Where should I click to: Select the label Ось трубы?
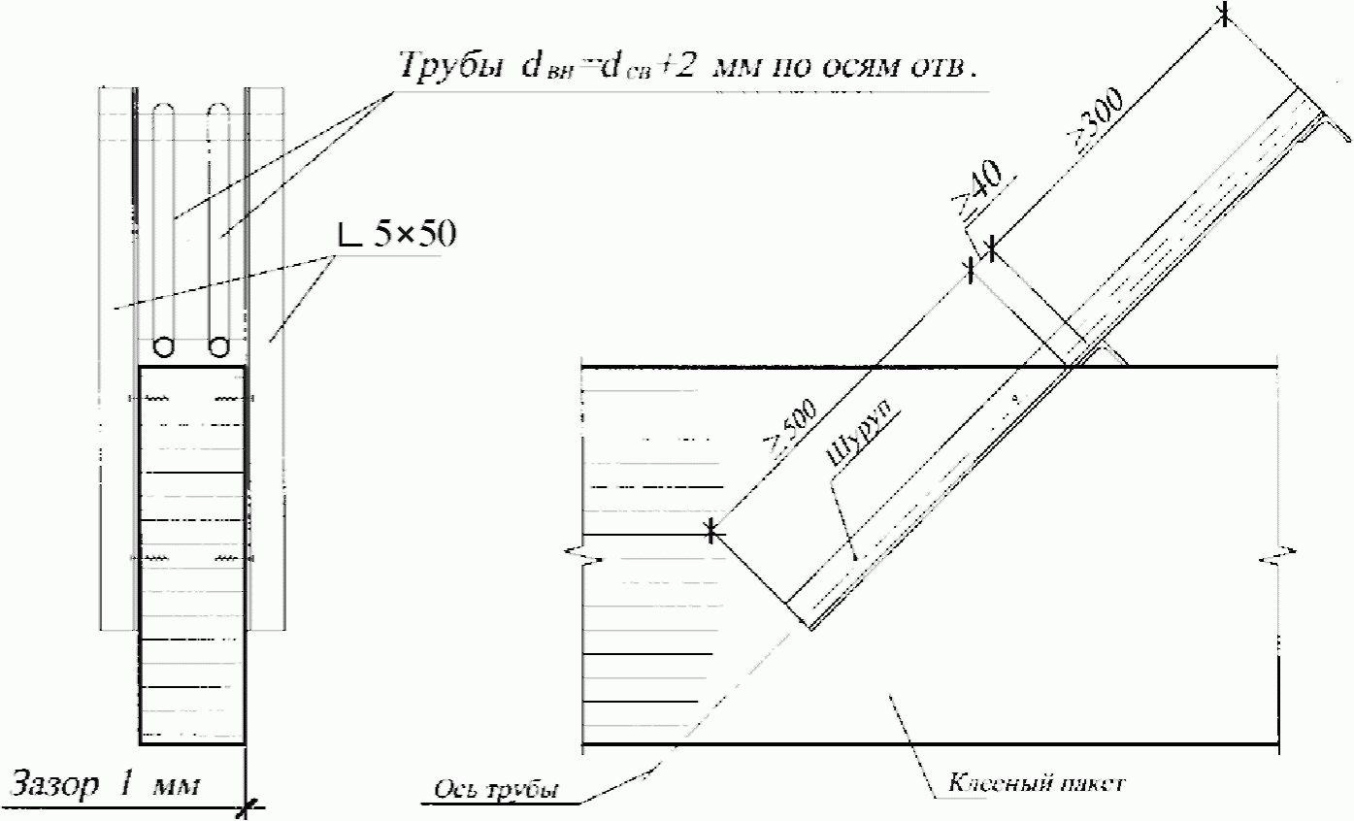(495, 790)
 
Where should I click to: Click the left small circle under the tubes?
(163, 346)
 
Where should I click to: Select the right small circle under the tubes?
(219, 346)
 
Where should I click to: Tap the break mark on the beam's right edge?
(1276, 558)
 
